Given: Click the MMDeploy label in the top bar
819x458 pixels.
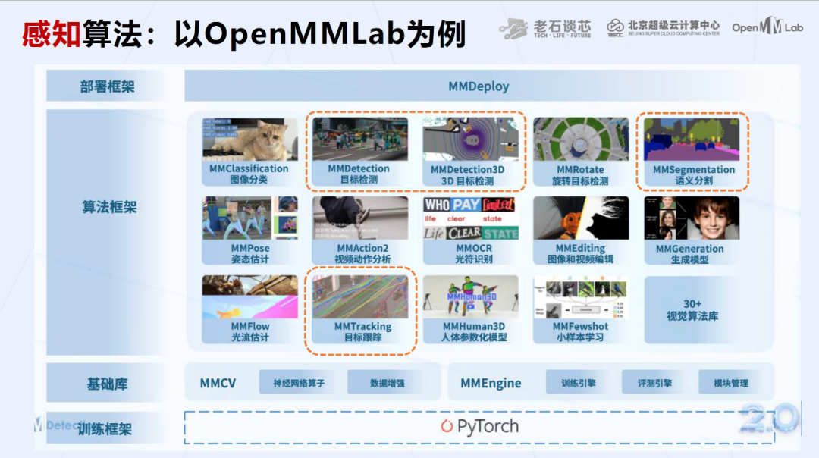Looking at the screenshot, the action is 479,86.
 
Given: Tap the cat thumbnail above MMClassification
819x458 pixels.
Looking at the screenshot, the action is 249,139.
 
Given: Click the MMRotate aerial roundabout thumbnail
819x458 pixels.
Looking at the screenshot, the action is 580,139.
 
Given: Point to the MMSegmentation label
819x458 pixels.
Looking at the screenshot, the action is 694,169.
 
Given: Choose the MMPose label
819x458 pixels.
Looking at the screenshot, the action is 250,248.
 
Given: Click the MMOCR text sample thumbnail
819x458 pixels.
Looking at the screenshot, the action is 470,218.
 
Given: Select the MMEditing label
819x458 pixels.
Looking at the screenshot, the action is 580,248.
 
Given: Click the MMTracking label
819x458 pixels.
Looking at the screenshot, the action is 362,327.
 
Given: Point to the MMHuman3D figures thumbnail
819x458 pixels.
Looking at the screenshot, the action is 471,296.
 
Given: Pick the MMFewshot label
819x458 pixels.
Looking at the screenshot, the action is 580,327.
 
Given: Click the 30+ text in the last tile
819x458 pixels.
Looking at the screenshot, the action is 692,303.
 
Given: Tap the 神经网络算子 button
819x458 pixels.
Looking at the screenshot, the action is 299,383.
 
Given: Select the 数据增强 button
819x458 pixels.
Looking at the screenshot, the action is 387,383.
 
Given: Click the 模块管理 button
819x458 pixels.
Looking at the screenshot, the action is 730,383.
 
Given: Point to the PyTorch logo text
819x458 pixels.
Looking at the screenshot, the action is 480,426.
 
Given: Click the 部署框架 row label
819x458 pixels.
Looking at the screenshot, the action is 107,86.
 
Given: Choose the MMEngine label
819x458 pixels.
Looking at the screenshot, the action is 491,383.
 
